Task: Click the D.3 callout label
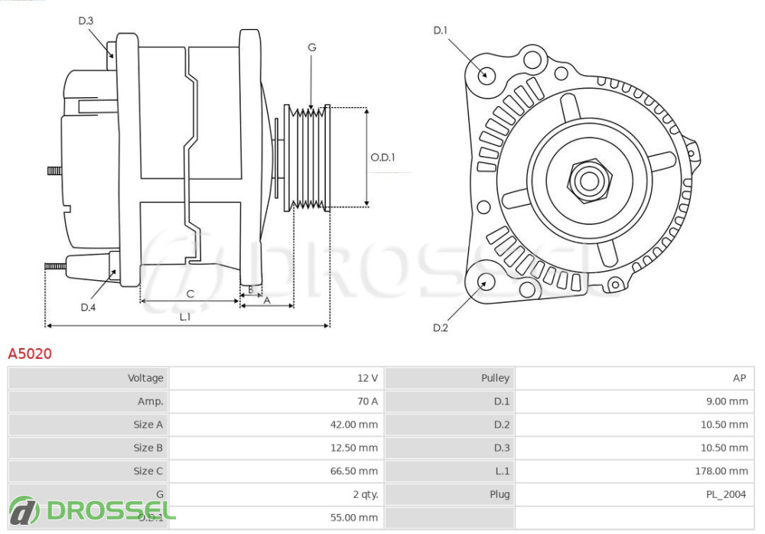tap(86, 21)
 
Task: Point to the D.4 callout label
tap(88, 308)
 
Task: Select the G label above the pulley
tap(311, 47)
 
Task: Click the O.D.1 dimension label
tap(382, 158)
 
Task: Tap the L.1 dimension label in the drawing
tap(185, 316)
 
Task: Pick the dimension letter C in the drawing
tap(190, 294)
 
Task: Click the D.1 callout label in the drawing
tap(440, 31)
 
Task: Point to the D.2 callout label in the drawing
tap(440, 328)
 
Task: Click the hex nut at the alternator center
tap(589, 181)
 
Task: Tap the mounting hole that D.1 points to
tap(485, 75)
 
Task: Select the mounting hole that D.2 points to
tap(483, 282)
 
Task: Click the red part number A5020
tap(30, 353)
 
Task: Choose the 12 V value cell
tap(367, 378)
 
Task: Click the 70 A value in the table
tap(367, 402)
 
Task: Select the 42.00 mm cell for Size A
tap(353, 425)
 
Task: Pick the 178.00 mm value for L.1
tap(721, 471)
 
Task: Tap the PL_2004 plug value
tap(725, 494)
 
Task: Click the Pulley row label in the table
tap(495, 378)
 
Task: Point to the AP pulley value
tap(739, 378)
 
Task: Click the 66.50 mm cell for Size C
tap(353, 471)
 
